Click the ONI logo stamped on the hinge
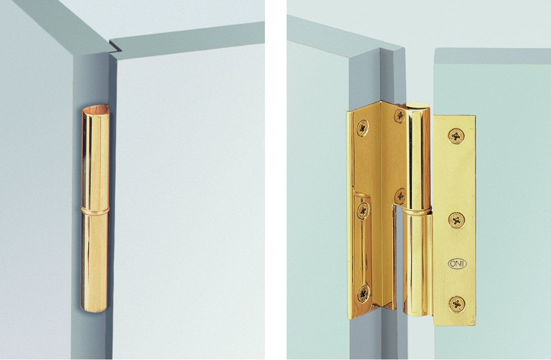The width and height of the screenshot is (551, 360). point(457,264)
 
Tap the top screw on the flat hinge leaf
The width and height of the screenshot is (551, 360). point(457,136)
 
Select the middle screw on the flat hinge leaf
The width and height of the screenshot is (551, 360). point(457,220)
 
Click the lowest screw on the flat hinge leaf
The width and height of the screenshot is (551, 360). point(457,304)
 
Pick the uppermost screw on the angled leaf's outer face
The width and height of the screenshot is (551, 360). point(363,128)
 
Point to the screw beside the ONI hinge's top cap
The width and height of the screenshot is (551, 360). point(400,116)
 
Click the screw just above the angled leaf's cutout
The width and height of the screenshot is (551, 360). point(400,196)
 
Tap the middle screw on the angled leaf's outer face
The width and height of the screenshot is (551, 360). point(363,211)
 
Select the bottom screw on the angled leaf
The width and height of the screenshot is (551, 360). point(363,294)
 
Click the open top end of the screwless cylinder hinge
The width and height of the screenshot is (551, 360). point(96,109)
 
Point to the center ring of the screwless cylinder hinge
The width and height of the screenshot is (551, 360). point(95,210)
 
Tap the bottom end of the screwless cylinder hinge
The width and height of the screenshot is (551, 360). point(94,309)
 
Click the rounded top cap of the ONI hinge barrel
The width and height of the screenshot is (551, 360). point(418,106)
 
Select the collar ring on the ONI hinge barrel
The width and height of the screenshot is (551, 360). point(416,211)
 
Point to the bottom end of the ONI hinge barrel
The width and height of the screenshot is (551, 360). point(417,313)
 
